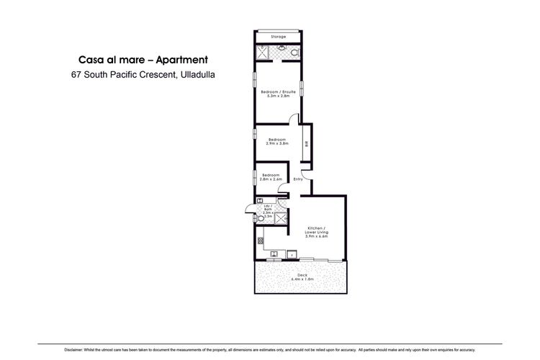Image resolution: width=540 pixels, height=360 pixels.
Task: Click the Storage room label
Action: [x=278, y=37]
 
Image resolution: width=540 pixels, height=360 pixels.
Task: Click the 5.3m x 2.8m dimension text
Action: [x=278, y=96]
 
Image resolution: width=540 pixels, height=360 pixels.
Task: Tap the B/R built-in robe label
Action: [x=306, y=144]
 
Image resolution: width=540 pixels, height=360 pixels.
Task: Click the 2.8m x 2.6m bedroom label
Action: [x=271, y=177]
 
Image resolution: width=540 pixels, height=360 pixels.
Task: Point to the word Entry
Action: [x=297, y=179]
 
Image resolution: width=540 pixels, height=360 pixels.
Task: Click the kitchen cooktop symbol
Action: [x=260, y=240]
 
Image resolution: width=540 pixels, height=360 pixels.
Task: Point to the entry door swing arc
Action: [x=305, y=174]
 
